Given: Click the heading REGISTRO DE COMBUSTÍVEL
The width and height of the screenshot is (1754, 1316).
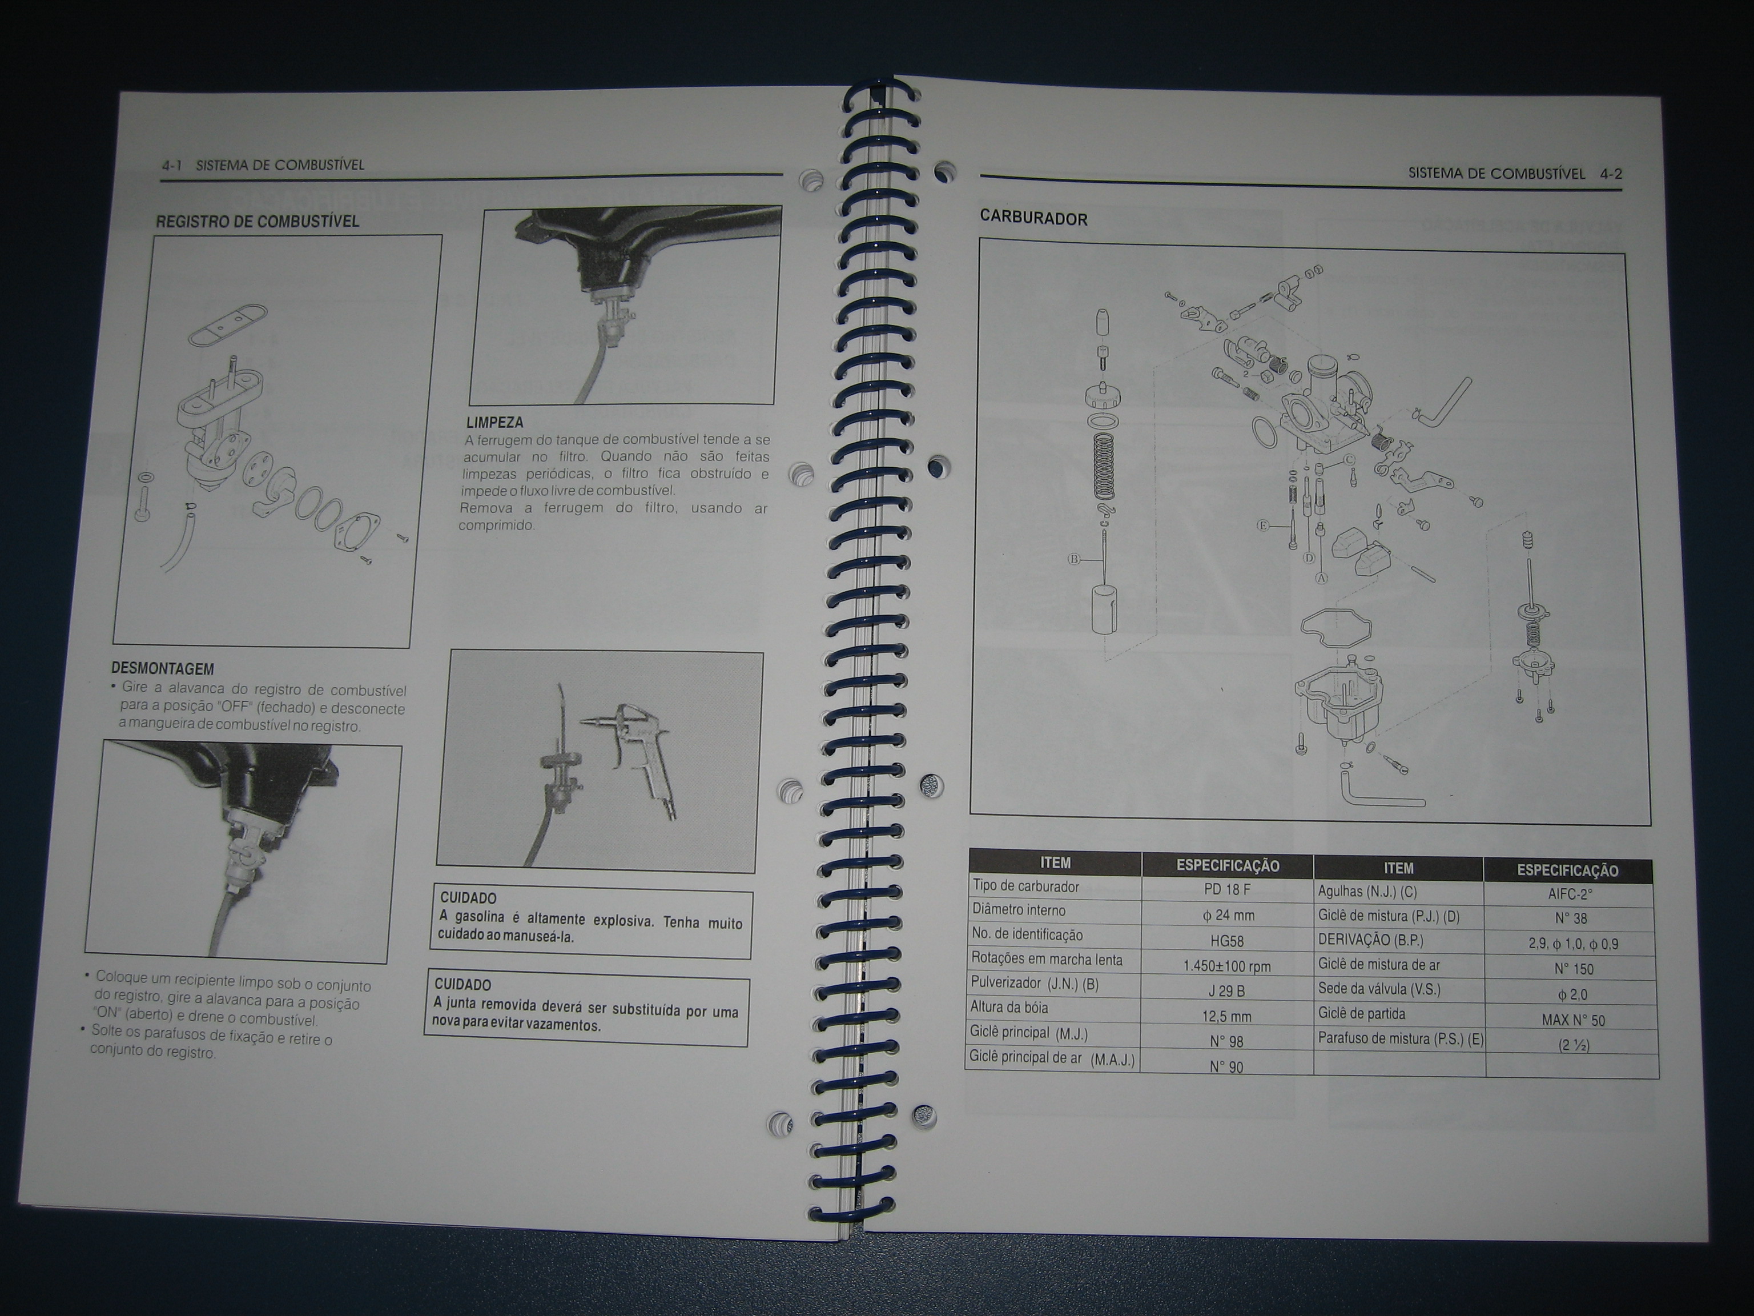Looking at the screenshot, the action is (x=257, y=220).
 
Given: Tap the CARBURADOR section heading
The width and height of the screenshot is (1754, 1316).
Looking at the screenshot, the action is (x=1034, y=218).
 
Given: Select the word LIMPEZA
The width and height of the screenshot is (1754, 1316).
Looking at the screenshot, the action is (x=495, y=423).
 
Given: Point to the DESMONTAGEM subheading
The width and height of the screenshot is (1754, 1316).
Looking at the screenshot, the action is (x=163, y=669).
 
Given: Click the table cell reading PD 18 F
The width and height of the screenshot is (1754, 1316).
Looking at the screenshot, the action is (x=1226, y=889).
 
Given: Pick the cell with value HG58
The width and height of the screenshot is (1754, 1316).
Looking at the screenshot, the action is (x=1226, y=941).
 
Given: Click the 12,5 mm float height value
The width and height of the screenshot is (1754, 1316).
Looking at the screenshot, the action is (x=1226, y=1016).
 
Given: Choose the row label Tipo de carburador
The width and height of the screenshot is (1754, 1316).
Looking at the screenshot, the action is (x=1026, y=886).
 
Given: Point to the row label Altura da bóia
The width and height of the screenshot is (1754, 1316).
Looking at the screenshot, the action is (x=1009, y=1008).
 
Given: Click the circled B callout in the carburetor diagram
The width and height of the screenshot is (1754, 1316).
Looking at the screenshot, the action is (x=1075, y=559).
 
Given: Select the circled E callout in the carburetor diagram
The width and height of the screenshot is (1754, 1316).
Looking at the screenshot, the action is (x=1263, y=525).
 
